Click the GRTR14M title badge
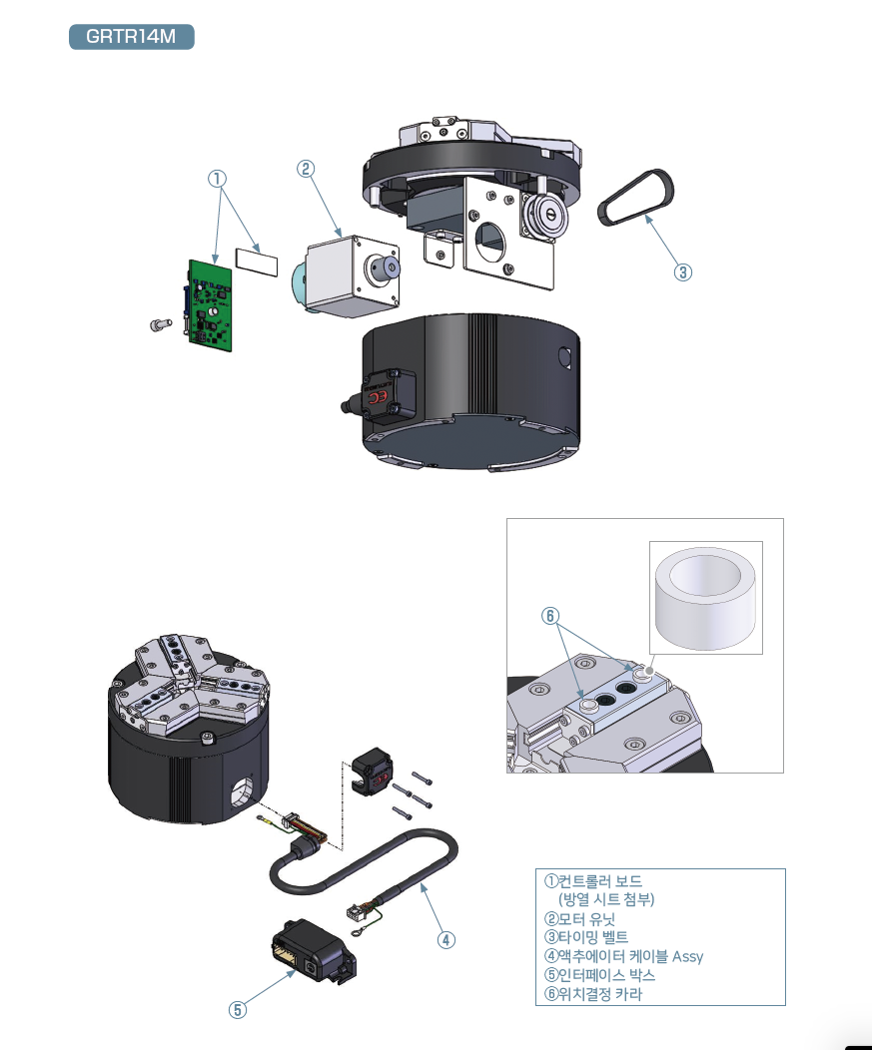(132, 37)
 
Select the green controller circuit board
(209, 305)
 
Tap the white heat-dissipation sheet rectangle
(257, 262)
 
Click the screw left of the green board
(161, 324)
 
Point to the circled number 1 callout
(217, 179)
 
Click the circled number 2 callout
(306, 169)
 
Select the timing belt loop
(635, 198)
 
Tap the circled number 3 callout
(683, 272)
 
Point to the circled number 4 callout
(446, 940)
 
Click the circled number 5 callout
(238, 1010)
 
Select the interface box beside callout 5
(313, 951)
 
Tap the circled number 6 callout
(550, 616)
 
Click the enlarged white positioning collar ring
(705, 597)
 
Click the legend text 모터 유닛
(587, 919)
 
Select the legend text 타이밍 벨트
(593, 937)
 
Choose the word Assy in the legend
(687, 957)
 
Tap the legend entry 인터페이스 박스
(606, 975)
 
